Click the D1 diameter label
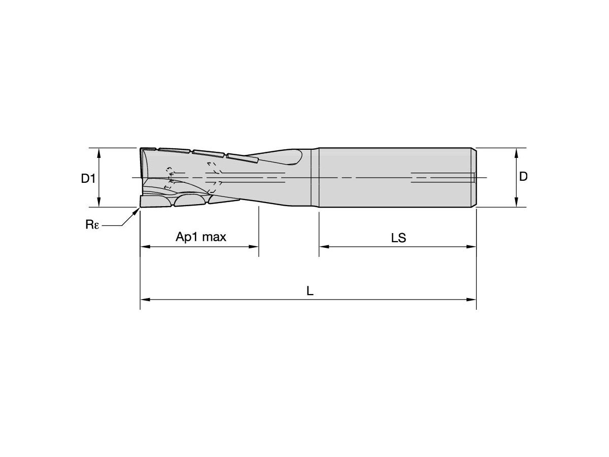tap(88, 178)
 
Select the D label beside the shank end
tap(523, 177)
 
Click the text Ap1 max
tap(200, 237)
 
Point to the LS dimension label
tap(398, 238)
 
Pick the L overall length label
tap(310, 291)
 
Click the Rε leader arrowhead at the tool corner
tap(137, 211)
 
